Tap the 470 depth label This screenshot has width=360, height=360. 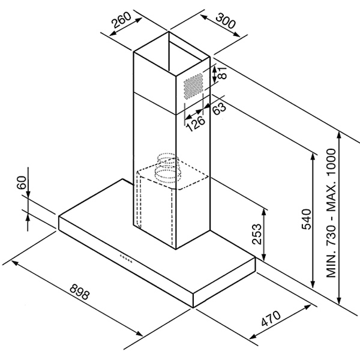271,320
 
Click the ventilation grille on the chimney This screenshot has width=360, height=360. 194,86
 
